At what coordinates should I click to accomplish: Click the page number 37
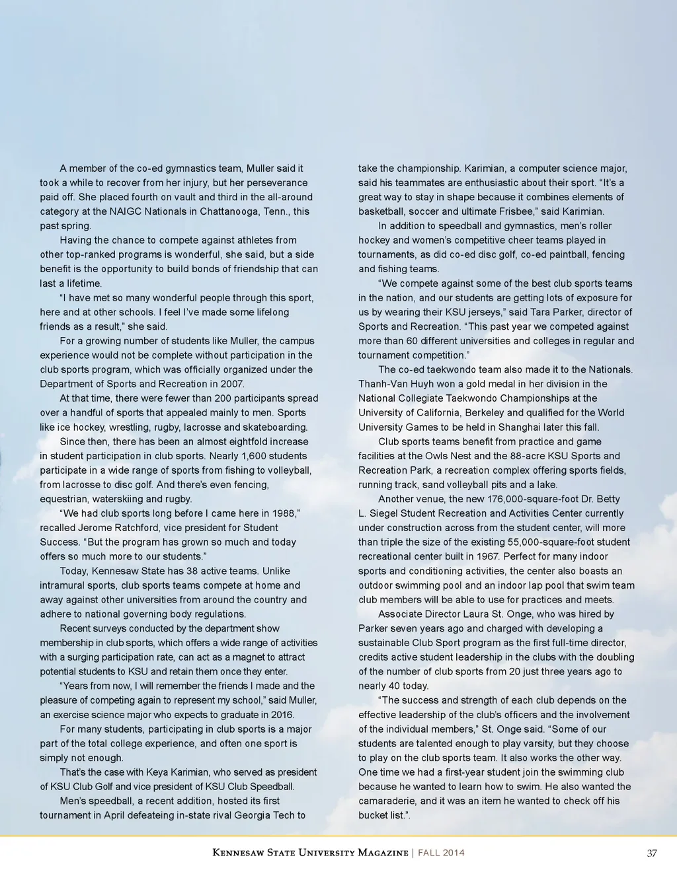point(652,853)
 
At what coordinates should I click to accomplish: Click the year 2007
point(232,384)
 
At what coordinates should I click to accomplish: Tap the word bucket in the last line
point(374,815)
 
